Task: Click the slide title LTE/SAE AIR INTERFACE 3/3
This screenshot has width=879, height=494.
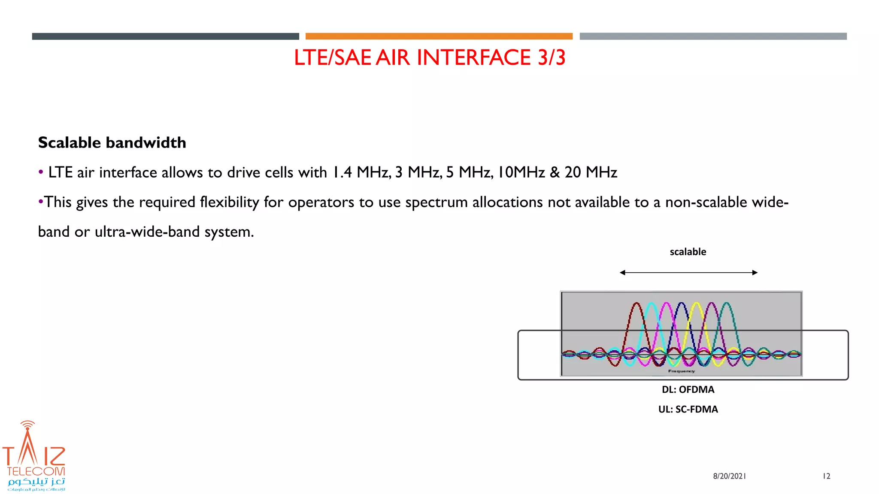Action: click(430, 57)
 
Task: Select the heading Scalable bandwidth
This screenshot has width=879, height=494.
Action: click(112, 143)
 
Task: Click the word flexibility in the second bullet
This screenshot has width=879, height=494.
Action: click(229, 202)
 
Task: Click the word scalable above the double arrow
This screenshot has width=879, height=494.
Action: click(688, 252)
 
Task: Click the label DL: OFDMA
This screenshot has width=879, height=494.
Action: click(688, 389)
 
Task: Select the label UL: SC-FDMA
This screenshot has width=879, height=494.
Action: click(688, 409)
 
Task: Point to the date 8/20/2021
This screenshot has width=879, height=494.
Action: click(729, 476)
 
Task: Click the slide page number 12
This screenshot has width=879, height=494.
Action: click(826, 476)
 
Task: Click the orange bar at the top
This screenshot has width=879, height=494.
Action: click(439, 36)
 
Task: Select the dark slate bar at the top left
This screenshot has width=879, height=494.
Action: click(165, 36)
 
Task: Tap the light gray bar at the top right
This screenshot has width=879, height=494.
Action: click(713, 36)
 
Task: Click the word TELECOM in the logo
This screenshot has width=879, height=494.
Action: click(36, 471)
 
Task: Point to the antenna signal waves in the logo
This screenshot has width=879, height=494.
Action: click(28, 425)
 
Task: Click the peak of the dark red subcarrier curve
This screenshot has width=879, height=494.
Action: click(637, 304)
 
